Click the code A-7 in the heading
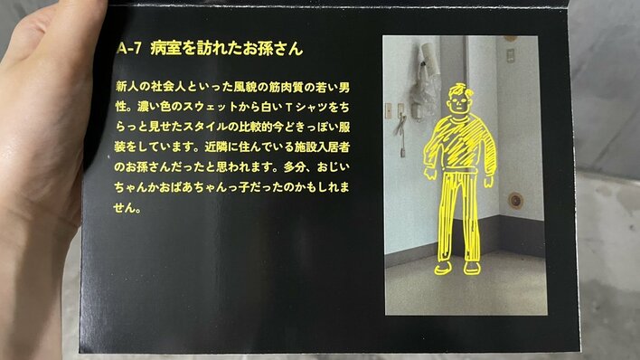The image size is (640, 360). click(129, 48)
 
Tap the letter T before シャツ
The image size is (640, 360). click(289, 108)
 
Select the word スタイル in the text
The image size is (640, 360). click(204, 127)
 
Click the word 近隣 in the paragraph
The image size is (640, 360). click(215, 147)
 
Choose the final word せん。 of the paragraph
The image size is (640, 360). click(127, 207)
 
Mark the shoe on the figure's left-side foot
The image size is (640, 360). click(443, 268)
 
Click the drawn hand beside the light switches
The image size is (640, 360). click(430, 174)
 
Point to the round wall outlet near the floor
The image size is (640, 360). click(515, 200)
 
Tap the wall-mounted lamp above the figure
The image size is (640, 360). click(429, 57)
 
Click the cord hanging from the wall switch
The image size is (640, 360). click(401, 135)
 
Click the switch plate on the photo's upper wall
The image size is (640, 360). click(510, 55)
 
